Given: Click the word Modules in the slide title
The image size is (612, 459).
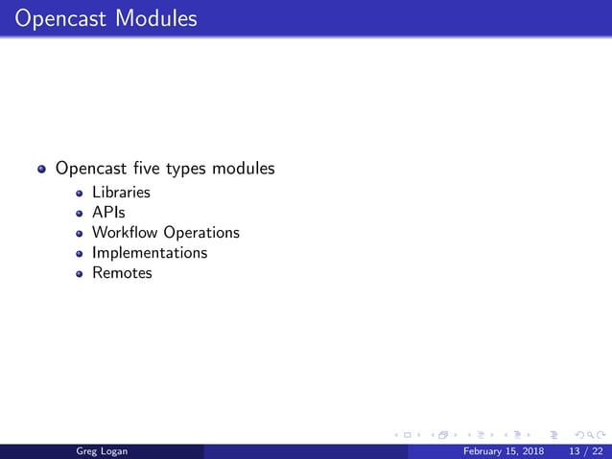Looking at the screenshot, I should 153,18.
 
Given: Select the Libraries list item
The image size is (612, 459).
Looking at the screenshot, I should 121,192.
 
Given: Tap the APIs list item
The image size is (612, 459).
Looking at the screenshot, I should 108,212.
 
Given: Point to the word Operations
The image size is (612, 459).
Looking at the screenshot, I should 201,233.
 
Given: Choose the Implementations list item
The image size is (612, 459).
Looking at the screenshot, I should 150,253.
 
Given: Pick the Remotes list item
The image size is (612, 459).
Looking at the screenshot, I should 122,273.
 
